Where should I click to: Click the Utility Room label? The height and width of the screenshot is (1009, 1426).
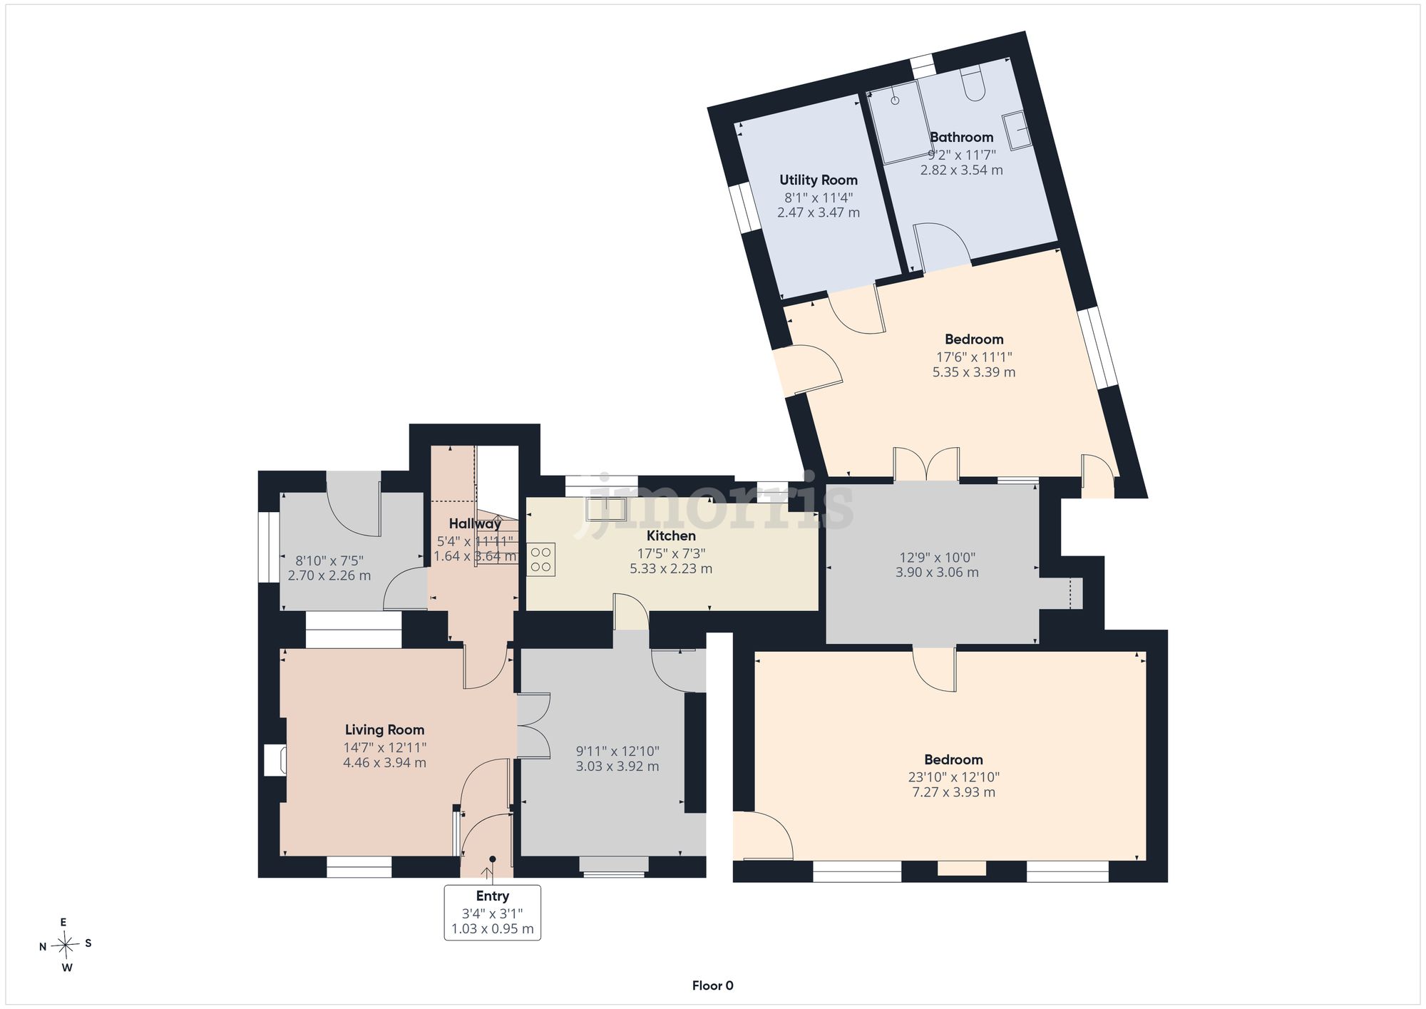click(818, 180)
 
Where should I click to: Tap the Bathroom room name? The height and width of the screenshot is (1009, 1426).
click(961, 137)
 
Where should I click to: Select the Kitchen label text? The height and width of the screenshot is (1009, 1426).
click(671, 536)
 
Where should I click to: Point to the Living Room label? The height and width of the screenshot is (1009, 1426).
click(384, 729)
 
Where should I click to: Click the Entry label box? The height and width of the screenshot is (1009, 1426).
click(492, 913)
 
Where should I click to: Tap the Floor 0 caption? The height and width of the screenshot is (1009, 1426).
click(712, 985)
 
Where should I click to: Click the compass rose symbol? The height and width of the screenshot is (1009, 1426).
click(66, 946)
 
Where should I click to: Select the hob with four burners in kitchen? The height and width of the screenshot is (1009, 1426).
click(540, 559)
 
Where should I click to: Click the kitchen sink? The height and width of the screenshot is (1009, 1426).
click(606, 509)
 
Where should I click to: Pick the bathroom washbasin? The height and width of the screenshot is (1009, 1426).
click(1017, 130)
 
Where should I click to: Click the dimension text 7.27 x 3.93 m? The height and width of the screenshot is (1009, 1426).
click(953, 792)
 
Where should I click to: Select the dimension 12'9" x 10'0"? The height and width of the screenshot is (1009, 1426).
click(937, 558)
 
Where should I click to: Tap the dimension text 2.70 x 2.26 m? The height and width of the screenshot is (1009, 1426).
click(329, 575)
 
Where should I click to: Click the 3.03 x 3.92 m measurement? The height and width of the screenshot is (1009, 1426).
click(617, 767)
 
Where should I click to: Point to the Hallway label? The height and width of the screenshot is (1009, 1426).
click(475, 523)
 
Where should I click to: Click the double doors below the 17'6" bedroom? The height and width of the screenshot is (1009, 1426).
click(926, 464)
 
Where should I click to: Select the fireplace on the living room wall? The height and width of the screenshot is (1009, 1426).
click(275, 760)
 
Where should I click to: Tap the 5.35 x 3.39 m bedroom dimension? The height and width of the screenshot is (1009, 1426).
click(974, 372)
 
